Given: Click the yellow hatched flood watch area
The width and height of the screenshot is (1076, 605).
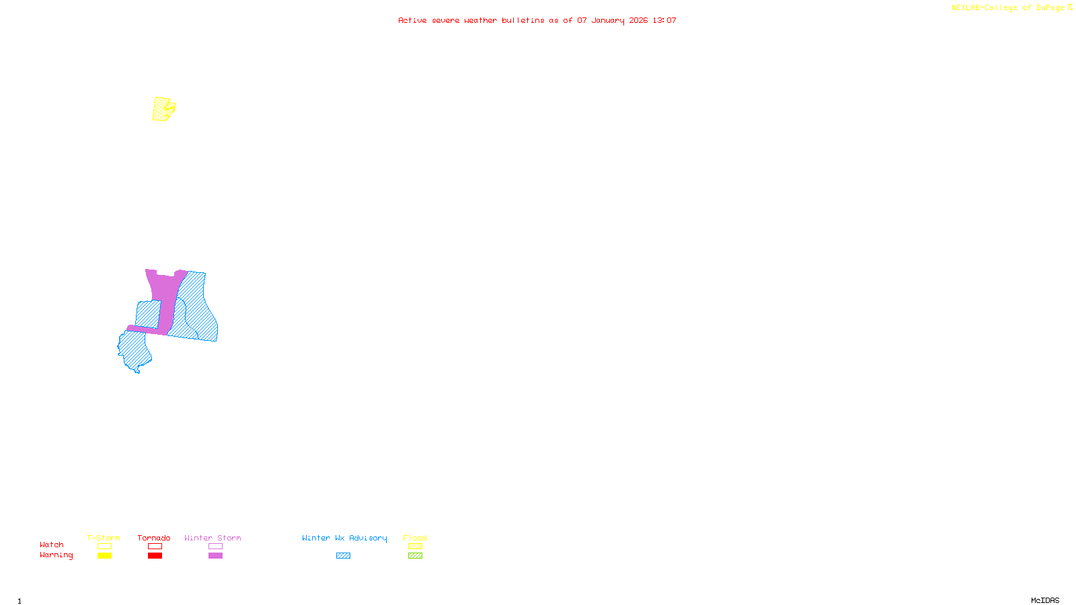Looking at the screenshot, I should [x=161, y=109].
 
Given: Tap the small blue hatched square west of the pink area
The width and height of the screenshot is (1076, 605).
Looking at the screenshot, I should [x=148, y=313].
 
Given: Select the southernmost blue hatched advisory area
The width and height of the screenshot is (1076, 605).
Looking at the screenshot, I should [x=133, y=350].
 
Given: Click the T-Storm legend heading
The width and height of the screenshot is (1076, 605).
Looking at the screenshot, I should [x=104, y=538].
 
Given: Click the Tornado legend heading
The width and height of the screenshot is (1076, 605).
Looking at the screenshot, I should [x=154, y=538].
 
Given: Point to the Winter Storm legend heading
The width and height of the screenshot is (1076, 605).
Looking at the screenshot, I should [x=213, y=538].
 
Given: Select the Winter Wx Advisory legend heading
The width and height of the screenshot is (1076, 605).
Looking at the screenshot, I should [x=344, y=538].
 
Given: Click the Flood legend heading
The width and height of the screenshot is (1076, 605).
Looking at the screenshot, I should [x=415, y=538].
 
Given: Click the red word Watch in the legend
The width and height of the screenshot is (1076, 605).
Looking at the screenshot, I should [x=52, y=545].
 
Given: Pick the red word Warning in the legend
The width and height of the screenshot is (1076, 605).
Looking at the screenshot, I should [x=56, y=555].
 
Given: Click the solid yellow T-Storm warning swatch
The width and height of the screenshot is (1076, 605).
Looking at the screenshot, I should [x=104, y=556].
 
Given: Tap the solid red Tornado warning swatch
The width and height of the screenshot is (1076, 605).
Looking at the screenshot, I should [x=155, y=556].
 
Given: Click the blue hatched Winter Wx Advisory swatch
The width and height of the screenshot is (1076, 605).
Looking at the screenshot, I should [x=343, y=556].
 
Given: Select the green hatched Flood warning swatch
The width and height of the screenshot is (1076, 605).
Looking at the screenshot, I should [x=415, y=556].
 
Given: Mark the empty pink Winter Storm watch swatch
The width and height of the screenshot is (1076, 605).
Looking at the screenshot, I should [x=215, y=547].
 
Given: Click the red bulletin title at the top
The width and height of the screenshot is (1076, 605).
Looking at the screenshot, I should [x=537, y=20].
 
